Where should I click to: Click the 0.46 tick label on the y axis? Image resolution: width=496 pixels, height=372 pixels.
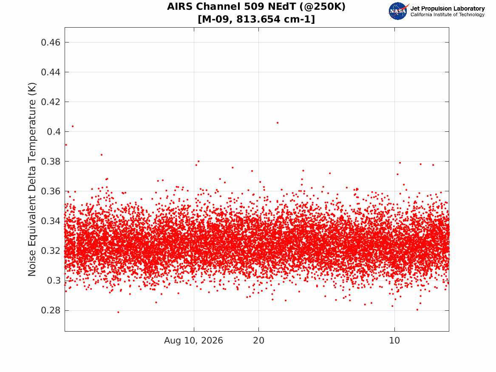(x=51, y=43)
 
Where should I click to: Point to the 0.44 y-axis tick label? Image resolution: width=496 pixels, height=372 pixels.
(x=51, y=72)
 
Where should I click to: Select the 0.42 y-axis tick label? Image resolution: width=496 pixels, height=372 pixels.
(x=51, y=102)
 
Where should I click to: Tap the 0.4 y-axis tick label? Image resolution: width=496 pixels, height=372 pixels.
(x=54, y=132)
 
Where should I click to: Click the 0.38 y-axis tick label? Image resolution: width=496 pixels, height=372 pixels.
(x=51, y=161)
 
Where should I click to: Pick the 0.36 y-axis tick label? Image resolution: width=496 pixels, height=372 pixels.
(x=51, y=191)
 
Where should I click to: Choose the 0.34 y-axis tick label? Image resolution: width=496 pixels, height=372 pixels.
(x=51, y=221)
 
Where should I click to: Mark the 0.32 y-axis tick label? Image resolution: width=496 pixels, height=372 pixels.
(x=51, y=251)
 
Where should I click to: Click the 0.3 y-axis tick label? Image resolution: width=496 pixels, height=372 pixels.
(x=54, y=281)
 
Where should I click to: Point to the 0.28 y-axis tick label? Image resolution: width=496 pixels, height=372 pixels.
(x=51, y=310)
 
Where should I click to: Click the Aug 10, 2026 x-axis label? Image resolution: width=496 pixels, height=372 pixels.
(x=193, y=341)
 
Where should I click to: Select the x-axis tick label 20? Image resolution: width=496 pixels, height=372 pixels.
(x=259, y=341)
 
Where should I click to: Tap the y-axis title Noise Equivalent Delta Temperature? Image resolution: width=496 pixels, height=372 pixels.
(x=32, y=179)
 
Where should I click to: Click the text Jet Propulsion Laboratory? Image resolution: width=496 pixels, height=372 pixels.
(x=448, y=9)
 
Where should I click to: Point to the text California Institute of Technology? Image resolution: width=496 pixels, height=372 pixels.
(x=448, y=14)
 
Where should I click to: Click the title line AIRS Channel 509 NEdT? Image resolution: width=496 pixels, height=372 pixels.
(x=256, y=7)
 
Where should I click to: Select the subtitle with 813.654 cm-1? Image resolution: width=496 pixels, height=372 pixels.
(x=256, y=19)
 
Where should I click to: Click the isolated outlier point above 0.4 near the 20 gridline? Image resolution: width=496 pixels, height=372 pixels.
(x=278, y=123)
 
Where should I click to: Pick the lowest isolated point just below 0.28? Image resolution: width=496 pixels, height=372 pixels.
(x=118, y=312)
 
